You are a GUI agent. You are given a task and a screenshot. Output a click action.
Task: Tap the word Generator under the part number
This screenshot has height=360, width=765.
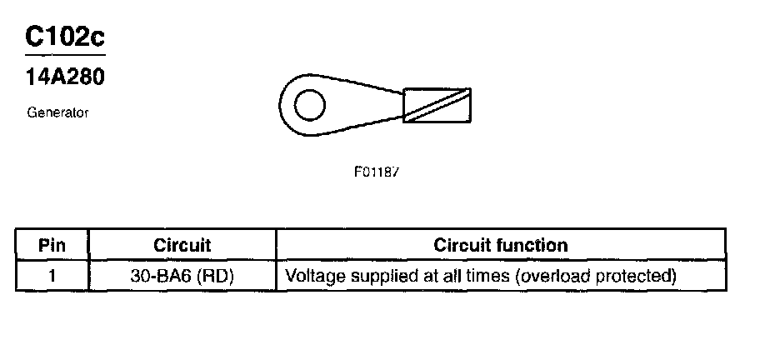pos(57,112)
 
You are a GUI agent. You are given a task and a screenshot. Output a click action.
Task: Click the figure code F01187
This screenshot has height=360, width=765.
pos(377,172)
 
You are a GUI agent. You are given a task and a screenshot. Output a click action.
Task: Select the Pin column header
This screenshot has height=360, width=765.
pos(52,246)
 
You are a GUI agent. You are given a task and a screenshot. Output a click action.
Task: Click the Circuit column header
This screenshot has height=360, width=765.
pos(182,246)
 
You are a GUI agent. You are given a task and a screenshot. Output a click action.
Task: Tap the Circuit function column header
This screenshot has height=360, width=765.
pos(501,246)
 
